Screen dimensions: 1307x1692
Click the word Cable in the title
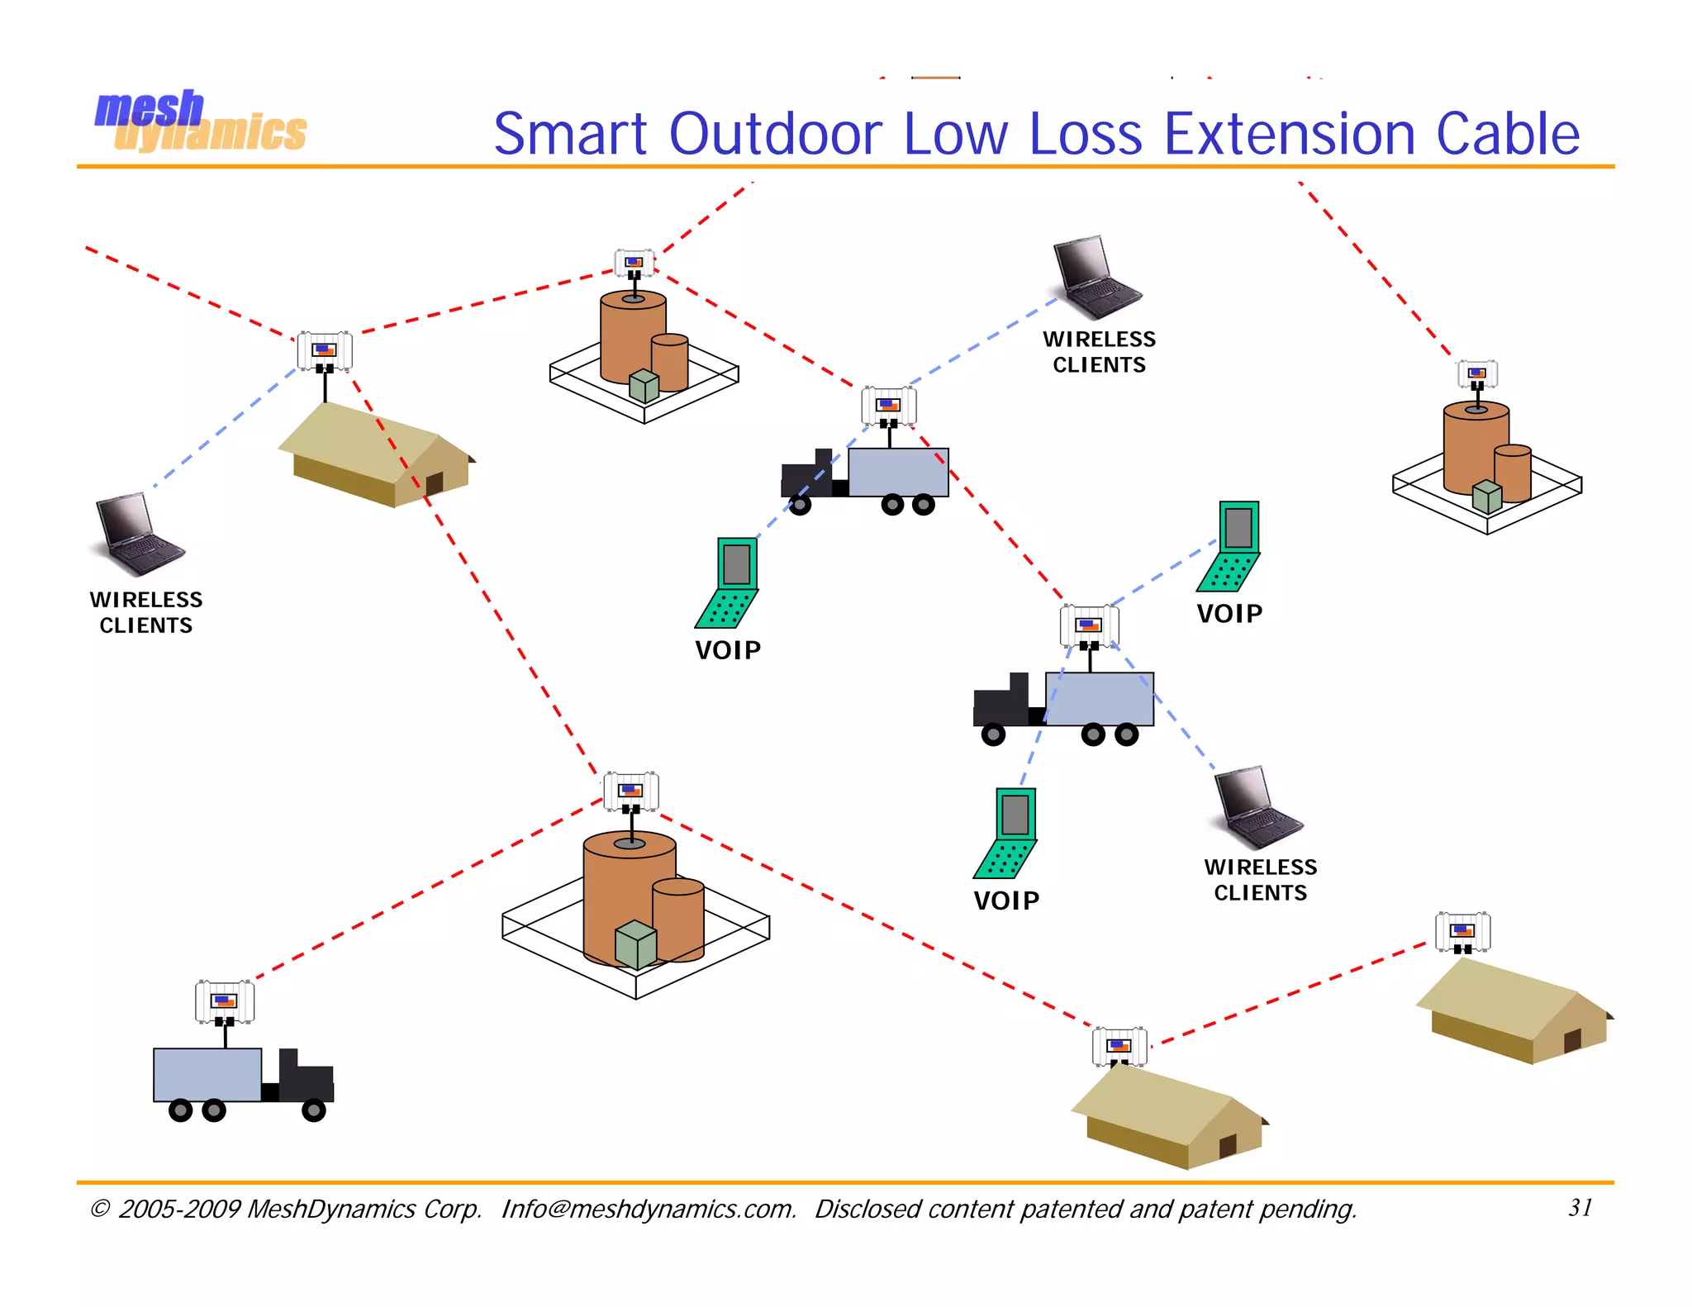1508,134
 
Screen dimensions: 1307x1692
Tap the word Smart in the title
570,134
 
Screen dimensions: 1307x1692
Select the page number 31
1580,1207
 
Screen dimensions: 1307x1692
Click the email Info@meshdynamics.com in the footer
649,1209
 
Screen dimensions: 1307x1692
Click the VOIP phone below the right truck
1006,833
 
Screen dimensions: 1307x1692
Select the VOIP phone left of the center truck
729,583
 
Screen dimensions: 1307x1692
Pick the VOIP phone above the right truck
1230,546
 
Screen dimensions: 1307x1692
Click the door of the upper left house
434,482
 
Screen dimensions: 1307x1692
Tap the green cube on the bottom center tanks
635,944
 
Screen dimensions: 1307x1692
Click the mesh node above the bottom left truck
225,1001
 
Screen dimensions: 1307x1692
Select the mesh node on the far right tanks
1477,373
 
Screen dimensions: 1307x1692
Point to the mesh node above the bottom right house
1462,932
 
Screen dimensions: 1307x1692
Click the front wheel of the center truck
799,504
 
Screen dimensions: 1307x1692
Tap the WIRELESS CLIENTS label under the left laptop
146,612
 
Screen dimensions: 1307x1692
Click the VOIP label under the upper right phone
1229,614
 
